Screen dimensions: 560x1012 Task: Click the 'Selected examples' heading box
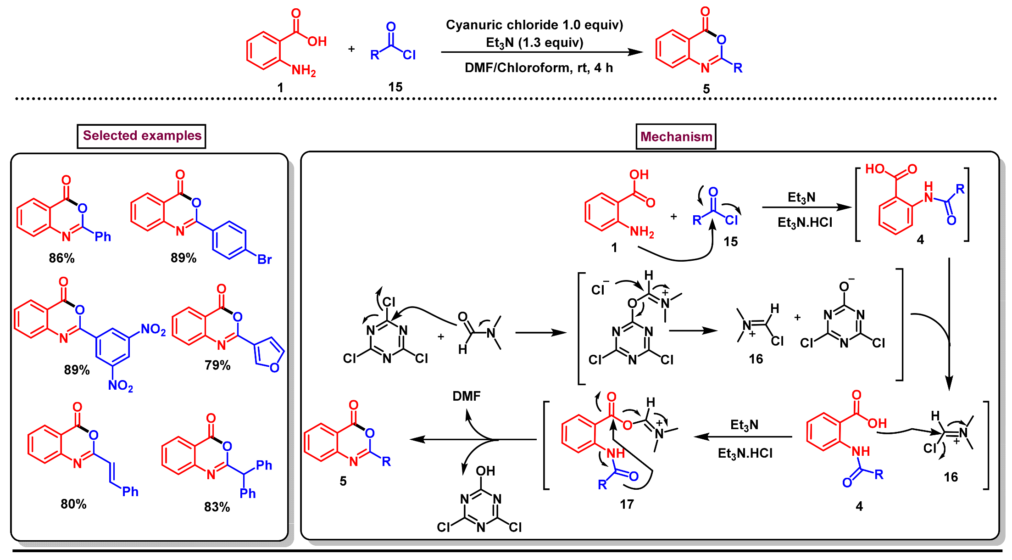click(x=141, y=136)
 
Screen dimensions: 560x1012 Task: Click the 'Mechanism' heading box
click(x=676, y=137)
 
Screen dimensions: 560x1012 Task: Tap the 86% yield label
click(x=61, y=258)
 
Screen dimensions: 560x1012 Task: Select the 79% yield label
click(x=217, y=365)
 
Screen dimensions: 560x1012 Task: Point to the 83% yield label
click(x=217, y=507)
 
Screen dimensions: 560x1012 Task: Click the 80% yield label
click(x=73, y=504)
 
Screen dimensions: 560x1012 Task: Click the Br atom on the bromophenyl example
click(x=264, y=260)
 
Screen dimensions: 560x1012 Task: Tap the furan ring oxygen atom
click(x=274, y=368)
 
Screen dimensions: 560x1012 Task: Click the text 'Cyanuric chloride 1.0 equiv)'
click(x=534, y=25)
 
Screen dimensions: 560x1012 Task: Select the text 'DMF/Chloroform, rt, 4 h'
click(x=538, y=68)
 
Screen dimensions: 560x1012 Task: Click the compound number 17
click(x=626, y=504)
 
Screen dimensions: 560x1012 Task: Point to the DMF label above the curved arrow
click(x=466, y=396)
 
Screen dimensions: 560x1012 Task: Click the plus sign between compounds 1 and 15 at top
click(x=351, y=49)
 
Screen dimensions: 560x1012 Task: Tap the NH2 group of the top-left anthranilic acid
click(x=303, y=71)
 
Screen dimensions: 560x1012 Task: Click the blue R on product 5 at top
click(x=738, y=68)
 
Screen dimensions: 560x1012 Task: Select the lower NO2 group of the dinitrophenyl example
click(x=120, y=386)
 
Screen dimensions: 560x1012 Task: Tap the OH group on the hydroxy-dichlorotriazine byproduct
click(x=485, y=471)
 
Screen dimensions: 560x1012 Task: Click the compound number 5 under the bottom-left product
click(x=343, y=481)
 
